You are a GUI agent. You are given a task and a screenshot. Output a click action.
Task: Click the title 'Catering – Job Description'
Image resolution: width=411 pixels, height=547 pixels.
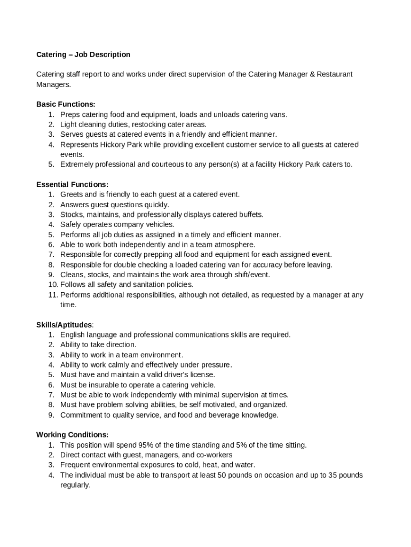[83, 54]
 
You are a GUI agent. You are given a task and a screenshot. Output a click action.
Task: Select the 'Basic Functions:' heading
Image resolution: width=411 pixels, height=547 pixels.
[66, 104]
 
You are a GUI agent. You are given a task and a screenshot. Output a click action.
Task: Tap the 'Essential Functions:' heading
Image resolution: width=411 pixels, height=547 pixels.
[72, 184]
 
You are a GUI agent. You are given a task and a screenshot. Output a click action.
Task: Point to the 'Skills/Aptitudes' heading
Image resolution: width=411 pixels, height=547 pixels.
[64, 325]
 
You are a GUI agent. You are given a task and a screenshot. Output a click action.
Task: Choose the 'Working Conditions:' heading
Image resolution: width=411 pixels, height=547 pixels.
[72, 435]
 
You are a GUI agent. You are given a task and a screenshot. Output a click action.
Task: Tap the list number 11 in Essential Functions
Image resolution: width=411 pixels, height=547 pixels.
[52, 295]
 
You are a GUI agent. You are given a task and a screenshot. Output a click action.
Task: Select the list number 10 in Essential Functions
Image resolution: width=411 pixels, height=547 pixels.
[52, 285]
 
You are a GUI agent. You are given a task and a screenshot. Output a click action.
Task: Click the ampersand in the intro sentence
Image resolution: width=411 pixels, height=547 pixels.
[312, 74]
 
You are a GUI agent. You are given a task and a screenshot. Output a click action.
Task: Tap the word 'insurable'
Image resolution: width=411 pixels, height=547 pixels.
[105, 385]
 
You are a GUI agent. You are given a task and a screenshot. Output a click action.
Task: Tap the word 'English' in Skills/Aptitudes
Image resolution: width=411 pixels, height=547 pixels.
[73, 335]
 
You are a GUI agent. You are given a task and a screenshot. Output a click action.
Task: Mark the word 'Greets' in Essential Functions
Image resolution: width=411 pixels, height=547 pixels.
[72, 194]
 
